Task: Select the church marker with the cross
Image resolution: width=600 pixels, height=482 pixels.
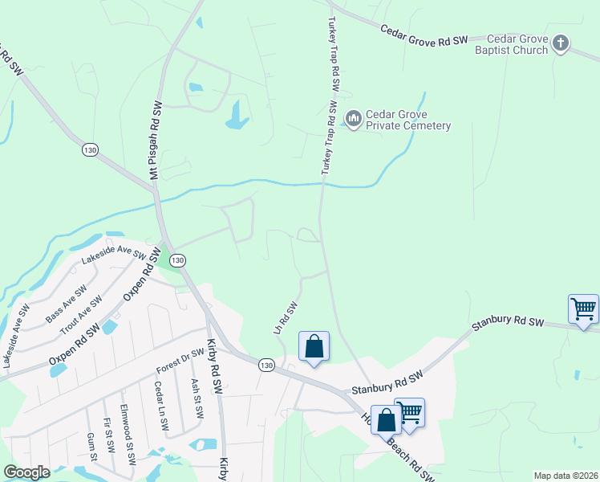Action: tap(561, 43)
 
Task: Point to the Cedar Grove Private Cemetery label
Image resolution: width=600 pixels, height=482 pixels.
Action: tap(408, 120)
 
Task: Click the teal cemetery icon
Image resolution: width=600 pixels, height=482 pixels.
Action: tap(353, 120)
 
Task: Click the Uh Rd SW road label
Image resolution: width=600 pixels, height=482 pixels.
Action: tap(286, 319)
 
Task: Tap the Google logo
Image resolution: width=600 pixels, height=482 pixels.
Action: tap(27, 472)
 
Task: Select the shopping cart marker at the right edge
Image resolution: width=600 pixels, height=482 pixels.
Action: tap(583, 310)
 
